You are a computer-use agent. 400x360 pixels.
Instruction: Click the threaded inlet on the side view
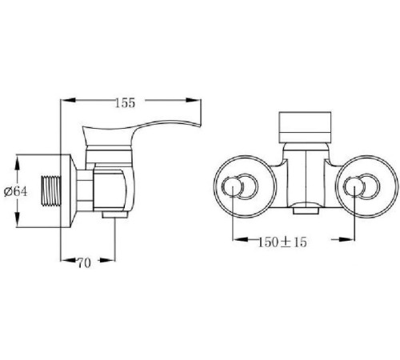52,192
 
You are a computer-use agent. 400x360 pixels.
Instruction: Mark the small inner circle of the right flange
354,188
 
